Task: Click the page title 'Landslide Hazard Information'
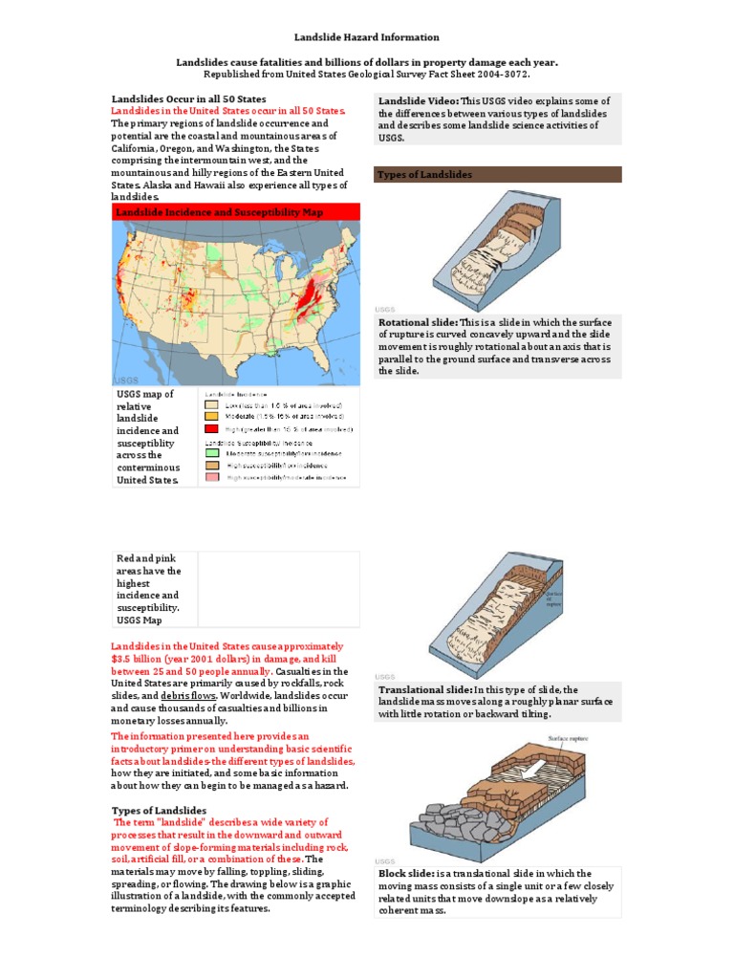367,37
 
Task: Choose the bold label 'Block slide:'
405,874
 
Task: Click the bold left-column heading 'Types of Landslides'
159,811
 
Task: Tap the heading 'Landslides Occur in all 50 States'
188,99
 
